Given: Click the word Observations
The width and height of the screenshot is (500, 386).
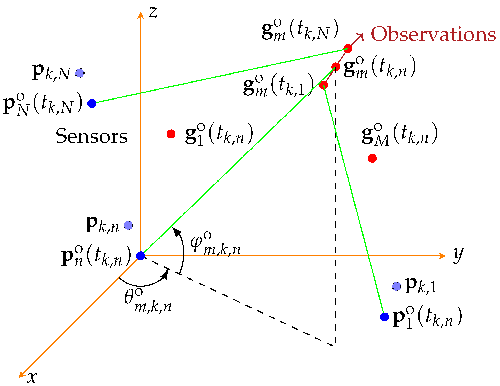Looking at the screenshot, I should coord(433,34).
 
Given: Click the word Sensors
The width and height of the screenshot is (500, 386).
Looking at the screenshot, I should coord(92,136).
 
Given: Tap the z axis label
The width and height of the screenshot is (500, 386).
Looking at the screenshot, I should coord(153,12).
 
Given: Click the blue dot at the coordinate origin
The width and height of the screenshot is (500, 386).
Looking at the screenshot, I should coord(141,256).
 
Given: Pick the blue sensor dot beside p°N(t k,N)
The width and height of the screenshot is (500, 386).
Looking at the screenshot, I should coord(92,103).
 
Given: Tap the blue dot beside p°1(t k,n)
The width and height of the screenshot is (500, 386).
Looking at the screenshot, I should coord(384,317).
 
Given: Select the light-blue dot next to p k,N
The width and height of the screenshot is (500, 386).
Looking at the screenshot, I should coord(80,73).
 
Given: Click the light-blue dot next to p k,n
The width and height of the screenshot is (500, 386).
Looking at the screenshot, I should coord(128,225).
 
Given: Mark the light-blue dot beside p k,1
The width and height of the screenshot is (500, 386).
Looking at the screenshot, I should coord(397,286).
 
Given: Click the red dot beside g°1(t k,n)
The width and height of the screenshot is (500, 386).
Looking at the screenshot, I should coord(171,134).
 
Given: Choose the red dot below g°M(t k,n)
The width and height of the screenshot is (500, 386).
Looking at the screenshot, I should coord(372,158).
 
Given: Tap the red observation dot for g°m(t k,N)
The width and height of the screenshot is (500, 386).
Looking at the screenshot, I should coord(348,48).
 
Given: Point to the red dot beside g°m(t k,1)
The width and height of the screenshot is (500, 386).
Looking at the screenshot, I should coord(324,85).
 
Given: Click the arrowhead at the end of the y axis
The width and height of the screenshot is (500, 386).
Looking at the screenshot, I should coord(442,256).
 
